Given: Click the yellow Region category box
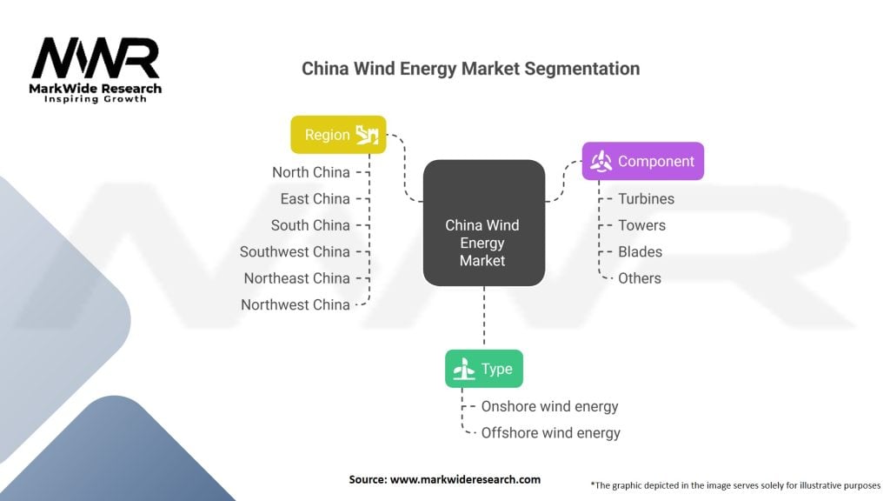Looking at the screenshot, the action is point(338,135).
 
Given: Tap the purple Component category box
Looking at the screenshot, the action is point(643,161).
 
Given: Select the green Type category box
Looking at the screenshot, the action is point(484,369).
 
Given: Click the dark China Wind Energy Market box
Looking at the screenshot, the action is point(484,223).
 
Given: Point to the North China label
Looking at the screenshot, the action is point(311,172).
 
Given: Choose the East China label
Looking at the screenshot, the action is point(315,199).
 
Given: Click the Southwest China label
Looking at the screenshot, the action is point(295,251).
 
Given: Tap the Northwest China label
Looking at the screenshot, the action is point(296,305).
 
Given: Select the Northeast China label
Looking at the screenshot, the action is point(297,278).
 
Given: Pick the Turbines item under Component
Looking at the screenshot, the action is point(647,199).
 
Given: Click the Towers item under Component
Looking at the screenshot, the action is point(642,225).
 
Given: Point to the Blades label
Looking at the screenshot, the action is point(641,251).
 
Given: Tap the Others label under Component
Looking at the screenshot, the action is point(640,278).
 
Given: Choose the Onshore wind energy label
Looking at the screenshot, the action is point(549,407).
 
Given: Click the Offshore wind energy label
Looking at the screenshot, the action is point(550,433).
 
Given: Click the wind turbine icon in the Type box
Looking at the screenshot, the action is point(464,369).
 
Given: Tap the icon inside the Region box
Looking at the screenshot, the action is point(367,135).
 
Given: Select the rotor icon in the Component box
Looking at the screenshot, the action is point(601,161).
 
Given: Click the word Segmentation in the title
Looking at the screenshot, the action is point(581,69).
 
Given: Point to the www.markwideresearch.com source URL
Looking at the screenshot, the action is point(466,479).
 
